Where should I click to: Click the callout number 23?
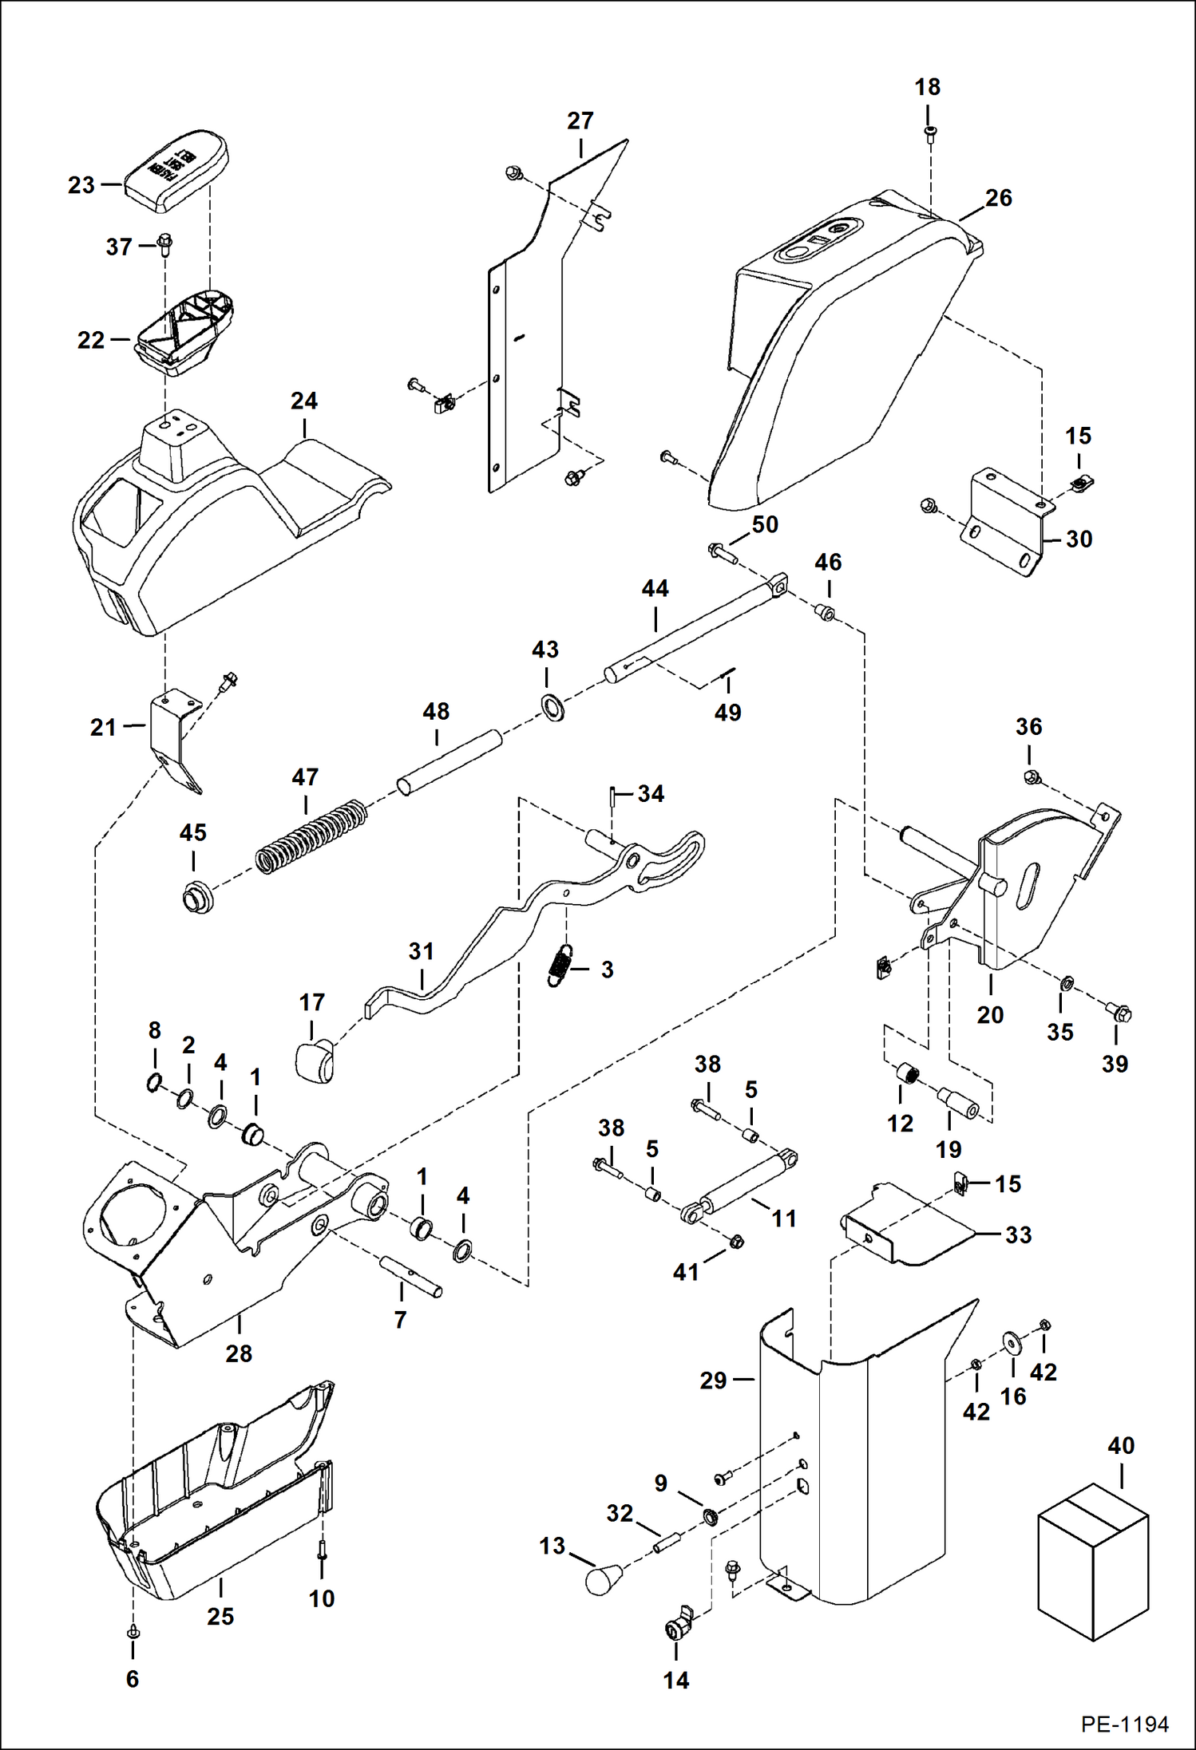coord(81,185)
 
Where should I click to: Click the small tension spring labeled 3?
coord(561,965)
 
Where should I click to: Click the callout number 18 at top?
coord(927,87)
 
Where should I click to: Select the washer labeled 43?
coord(552,706)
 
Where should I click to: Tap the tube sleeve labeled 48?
coord(450,761)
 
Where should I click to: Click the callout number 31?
coord(421,951)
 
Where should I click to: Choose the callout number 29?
coord(713,1380)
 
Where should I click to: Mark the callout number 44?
coord(655,589)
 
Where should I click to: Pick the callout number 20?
coord(990,1015)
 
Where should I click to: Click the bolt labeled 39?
coord(1119,1013)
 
